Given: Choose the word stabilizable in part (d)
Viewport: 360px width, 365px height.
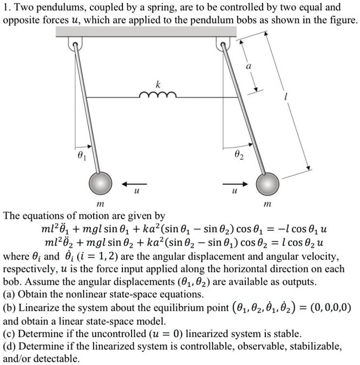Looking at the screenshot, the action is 312,345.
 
